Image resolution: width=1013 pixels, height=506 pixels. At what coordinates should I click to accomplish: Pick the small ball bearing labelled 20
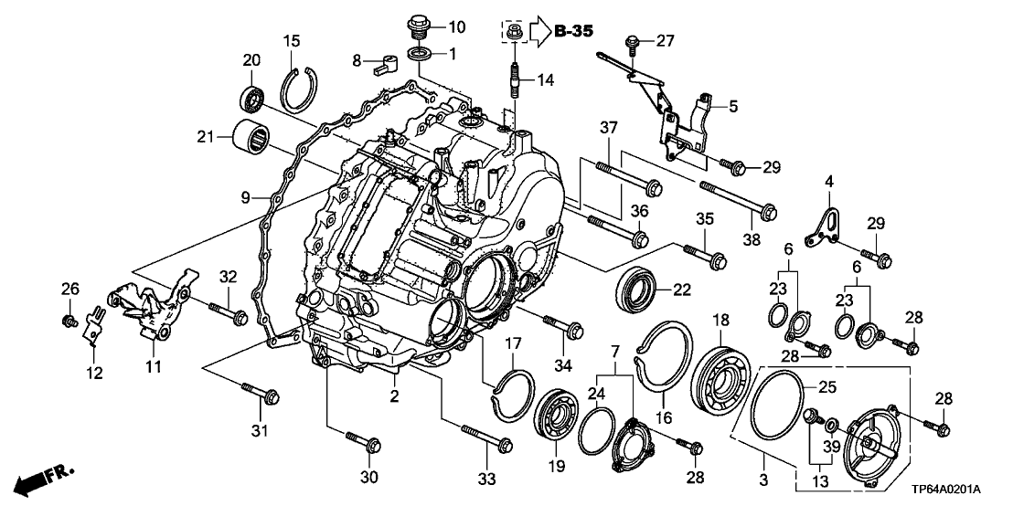tap(250, 96)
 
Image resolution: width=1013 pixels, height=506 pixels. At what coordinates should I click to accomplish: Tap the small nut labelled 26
tap(69, 321)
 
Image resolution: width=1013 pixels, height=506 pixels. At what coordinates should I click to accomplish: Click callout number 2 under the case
tap(395, 395)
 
